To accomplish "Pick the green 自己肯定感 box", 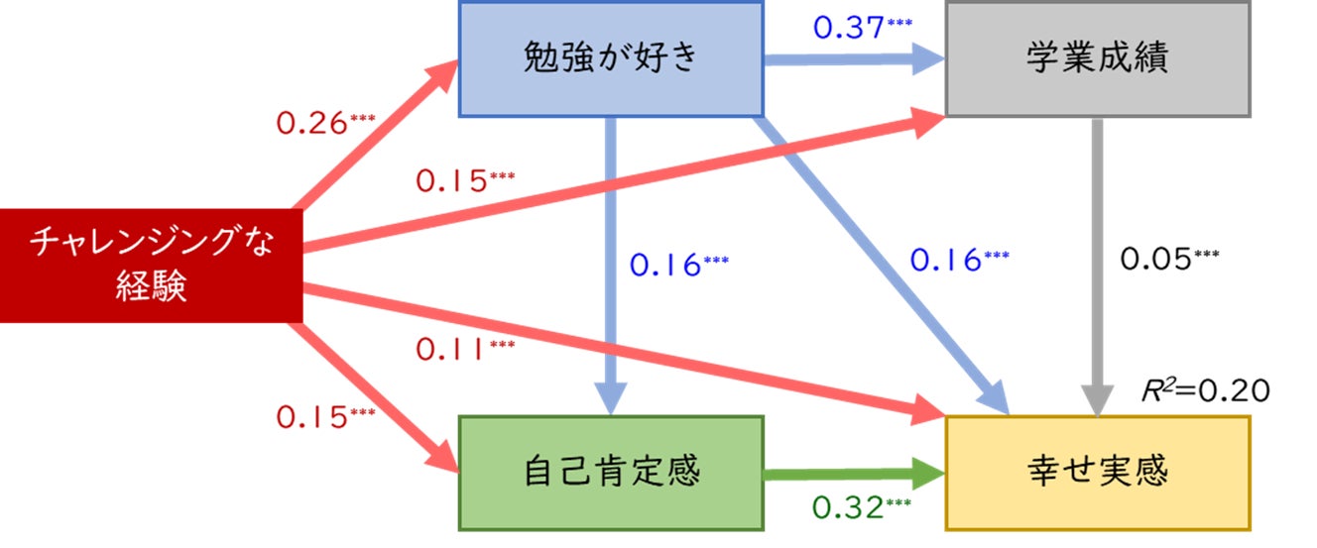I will coord(611,472).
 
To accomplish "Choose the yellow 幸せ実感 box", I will coord(1097,472).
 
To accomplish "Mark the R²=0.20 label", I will coord(1206,390).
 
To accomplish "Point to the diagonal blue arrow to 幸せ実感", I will coord(883,263).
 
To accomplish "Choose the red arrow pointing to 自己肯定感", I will coord(377,391).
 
